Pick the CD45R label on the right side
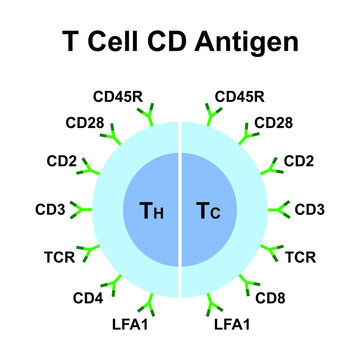[x=241, y=97]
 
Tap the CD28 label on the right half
[x=273, y=124]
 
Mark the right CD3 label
[x=310, y=210]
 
